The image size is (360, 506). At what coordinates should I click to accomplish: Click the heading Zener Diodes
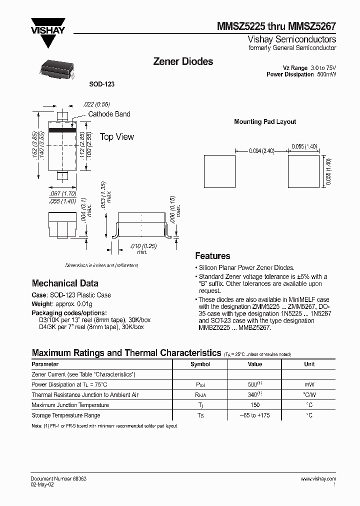tap(182, 61)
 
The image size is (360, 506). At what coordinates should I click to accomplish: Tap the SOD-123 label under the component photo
tap(102, 84)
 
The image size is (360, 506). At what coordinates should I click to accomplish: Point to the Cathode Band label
tap(109, 114)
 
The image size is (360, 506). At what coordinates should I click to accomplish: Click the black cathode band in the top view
tap(62, 131)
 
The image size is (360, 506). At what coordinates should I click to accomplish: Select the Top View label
tap(117, 136)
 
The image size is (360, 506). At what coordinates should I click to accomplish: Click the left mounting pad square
tap(219, 171)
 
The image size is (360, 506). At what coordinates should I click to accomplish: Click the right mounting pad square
tap(303, 171)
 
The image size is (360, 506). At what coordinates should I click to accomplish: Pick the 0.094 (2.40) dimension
tap(261, 149)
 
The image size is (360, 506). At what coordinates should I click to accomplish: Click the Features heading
tap(212, 255)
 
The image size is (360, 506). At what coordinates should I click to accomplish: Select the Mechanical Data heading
tap(65, 283)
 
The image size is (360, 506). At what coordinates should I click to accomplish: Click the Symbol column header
tap(200, 364)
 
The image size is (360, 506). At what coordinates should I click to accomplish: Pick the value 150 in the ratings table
tap(255, 405)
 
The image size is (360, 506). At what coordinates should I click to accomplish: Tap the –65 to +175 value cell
tap(255, 415)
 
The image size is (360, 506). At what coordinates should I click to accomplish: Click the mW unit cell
tap(309, 384)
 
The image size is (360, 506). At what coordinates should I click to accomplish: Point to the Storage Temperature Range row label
tap(66, 415)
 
